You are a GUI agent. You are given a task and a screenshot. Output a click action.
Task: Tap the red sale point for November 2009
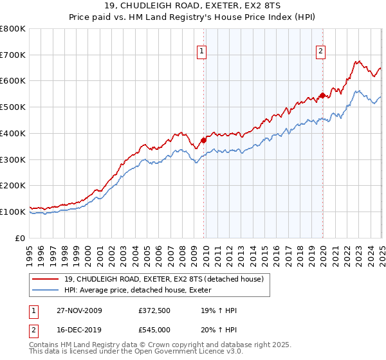point(204,139)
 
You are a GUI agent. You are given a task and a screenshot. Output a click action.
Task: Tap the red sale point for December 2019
point(322,95)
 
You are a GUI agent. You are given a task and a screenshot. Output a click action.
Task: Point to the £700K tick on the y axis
point(14,55)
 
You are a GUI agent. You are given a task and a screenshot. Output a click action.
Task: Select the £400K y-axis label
point(14,134)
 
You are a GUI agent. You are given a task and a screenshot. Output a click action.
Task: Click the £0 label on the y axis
point(21,238)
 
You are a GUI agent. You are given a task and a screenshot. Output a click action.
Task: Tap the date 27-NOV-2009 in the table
point(79,310)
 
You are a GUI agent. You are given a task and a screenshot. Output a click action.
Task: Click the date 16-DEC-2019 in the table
point(79,330)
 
